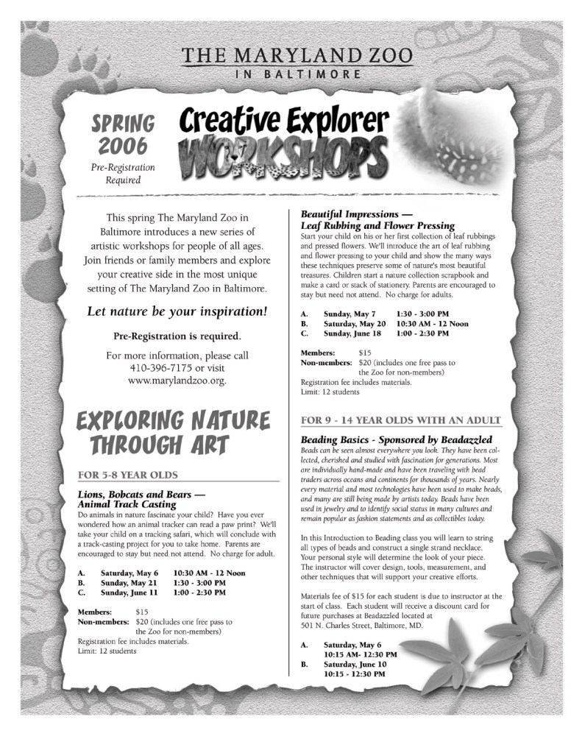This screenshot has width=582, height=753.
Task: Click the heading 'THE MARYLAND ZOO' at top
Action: pos(297,57)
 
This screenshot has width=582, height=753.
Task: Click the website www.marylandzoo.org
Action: pos(177,381)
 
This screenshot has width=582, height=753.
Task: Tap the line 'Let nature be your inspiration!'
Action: pos(177,311)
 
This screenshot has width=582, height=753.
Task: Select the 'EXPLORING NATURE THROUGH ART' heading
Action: pos(171,432)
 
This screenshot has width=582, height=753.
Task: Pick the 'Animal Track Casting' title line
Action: pos(127,504)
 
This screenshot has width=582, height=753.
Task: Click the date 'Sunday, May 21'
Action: pos(129,581)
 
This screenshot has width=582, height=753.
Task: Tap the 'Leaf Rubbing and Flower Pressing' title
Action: pos(377,225)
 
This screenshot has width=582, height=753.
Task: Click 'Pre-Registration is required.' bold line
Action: pos(177,336)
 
